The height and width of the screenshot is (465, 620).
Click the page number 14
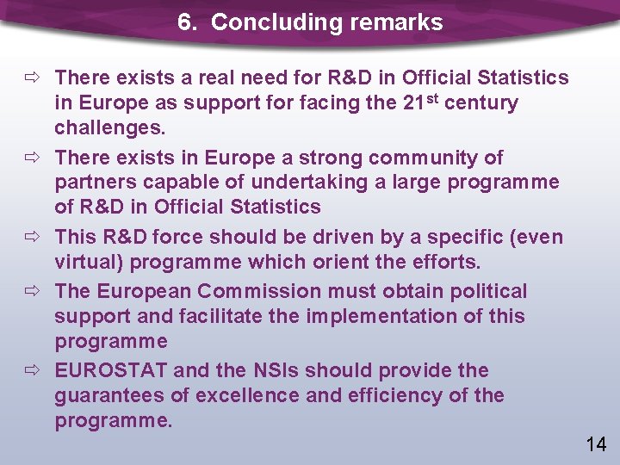pos(596,444)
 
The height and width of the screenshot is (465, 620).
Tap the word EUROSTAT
pos(111,370)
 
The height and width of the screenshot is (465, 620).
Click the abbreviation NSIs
pos(276,370)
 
